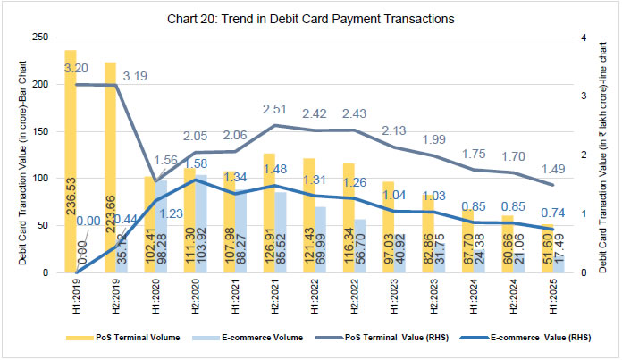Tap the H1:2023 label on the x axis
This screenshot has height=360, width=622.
click(x=388, y=293)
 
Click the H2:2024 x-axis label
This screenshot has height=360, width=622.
click(x=509, y=293)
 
